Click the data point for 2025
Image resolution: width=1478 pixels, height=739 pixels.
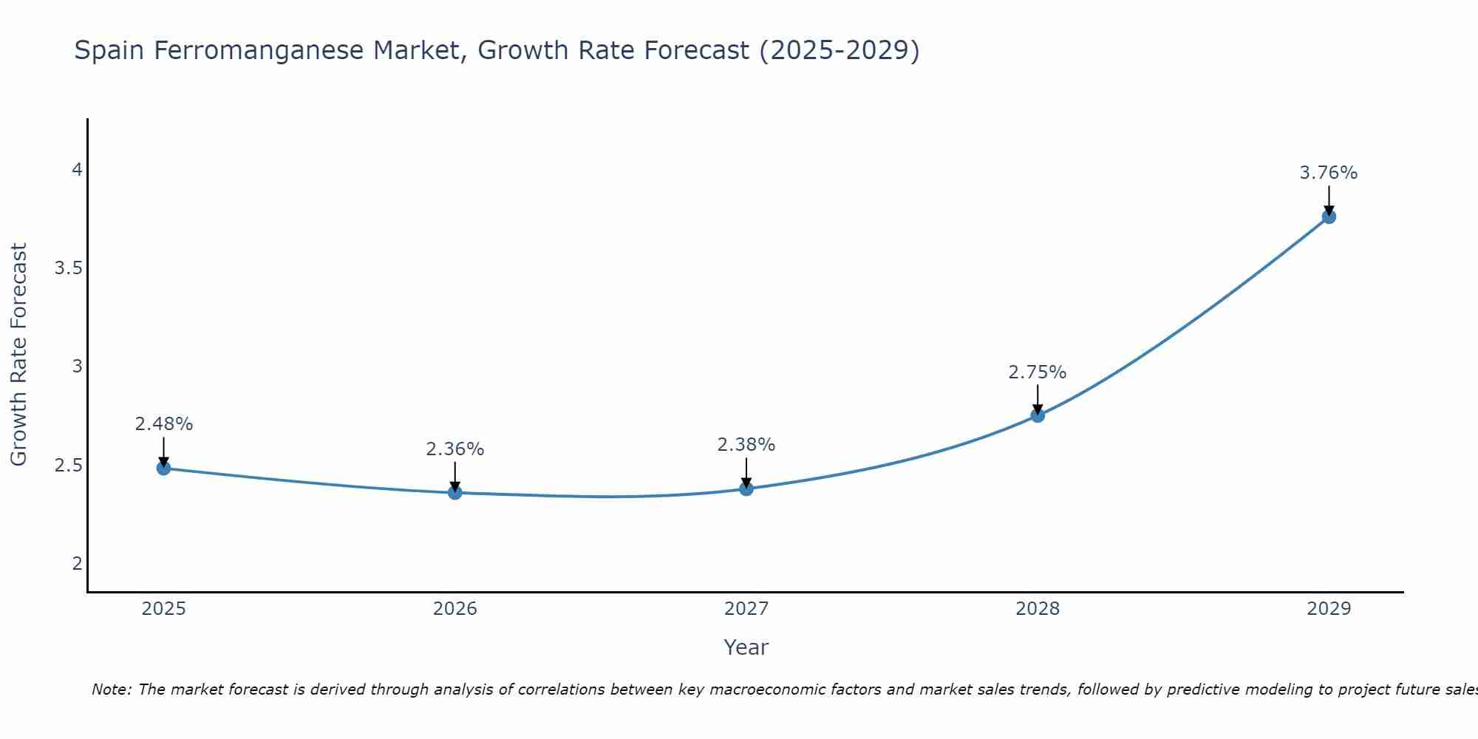(x=163, y=468)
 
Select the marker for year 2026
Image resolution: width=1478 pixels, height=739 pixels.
(x=455, y=492)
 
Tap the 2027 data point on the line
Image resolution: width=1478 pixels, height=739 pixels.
(x=746, y=488)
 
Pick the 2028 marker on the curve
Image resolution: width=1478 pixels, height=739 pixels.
(x=1038, y=415)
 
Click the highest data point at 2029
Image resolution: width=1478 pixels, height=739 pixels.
(x=1329, y=217)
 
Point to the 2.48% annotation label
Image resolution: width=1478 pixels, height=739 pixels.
(x=163, y=424)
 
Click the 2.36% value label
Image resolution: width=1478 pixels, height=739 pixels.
(x=455, y=449)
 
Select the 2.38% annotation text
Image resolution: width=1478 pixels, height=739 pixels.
(x=746, y=445)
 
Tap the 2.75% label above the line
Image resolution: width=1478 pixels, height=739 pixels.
(x=1038, y=372)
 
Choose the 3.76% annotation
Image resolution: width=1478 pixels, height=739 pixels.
(x=1329, y=173)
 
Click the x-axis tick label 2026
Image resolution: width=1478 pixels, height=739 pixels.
(x=455, y=609)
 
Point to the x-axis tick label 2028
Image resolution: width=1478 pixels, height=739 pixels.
(x=1038, y=609)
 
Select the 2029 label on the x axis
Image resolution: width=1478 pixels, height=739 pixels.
(x=1329, y=609)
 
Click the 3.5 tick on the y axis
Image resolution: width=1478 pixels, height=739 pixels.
(x=68, y=268)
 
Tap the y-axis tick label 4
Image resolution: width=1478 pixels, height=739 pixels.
(x=77, y=170)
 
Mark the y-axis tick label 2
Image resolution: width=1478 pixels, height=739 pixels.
(x=77, y=564)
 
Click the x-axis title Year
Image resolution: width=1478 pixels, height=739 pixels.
(x=746, y=647)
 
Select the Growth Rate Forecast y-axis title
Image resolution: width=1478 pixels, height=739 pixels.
(x=19, y=355)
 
